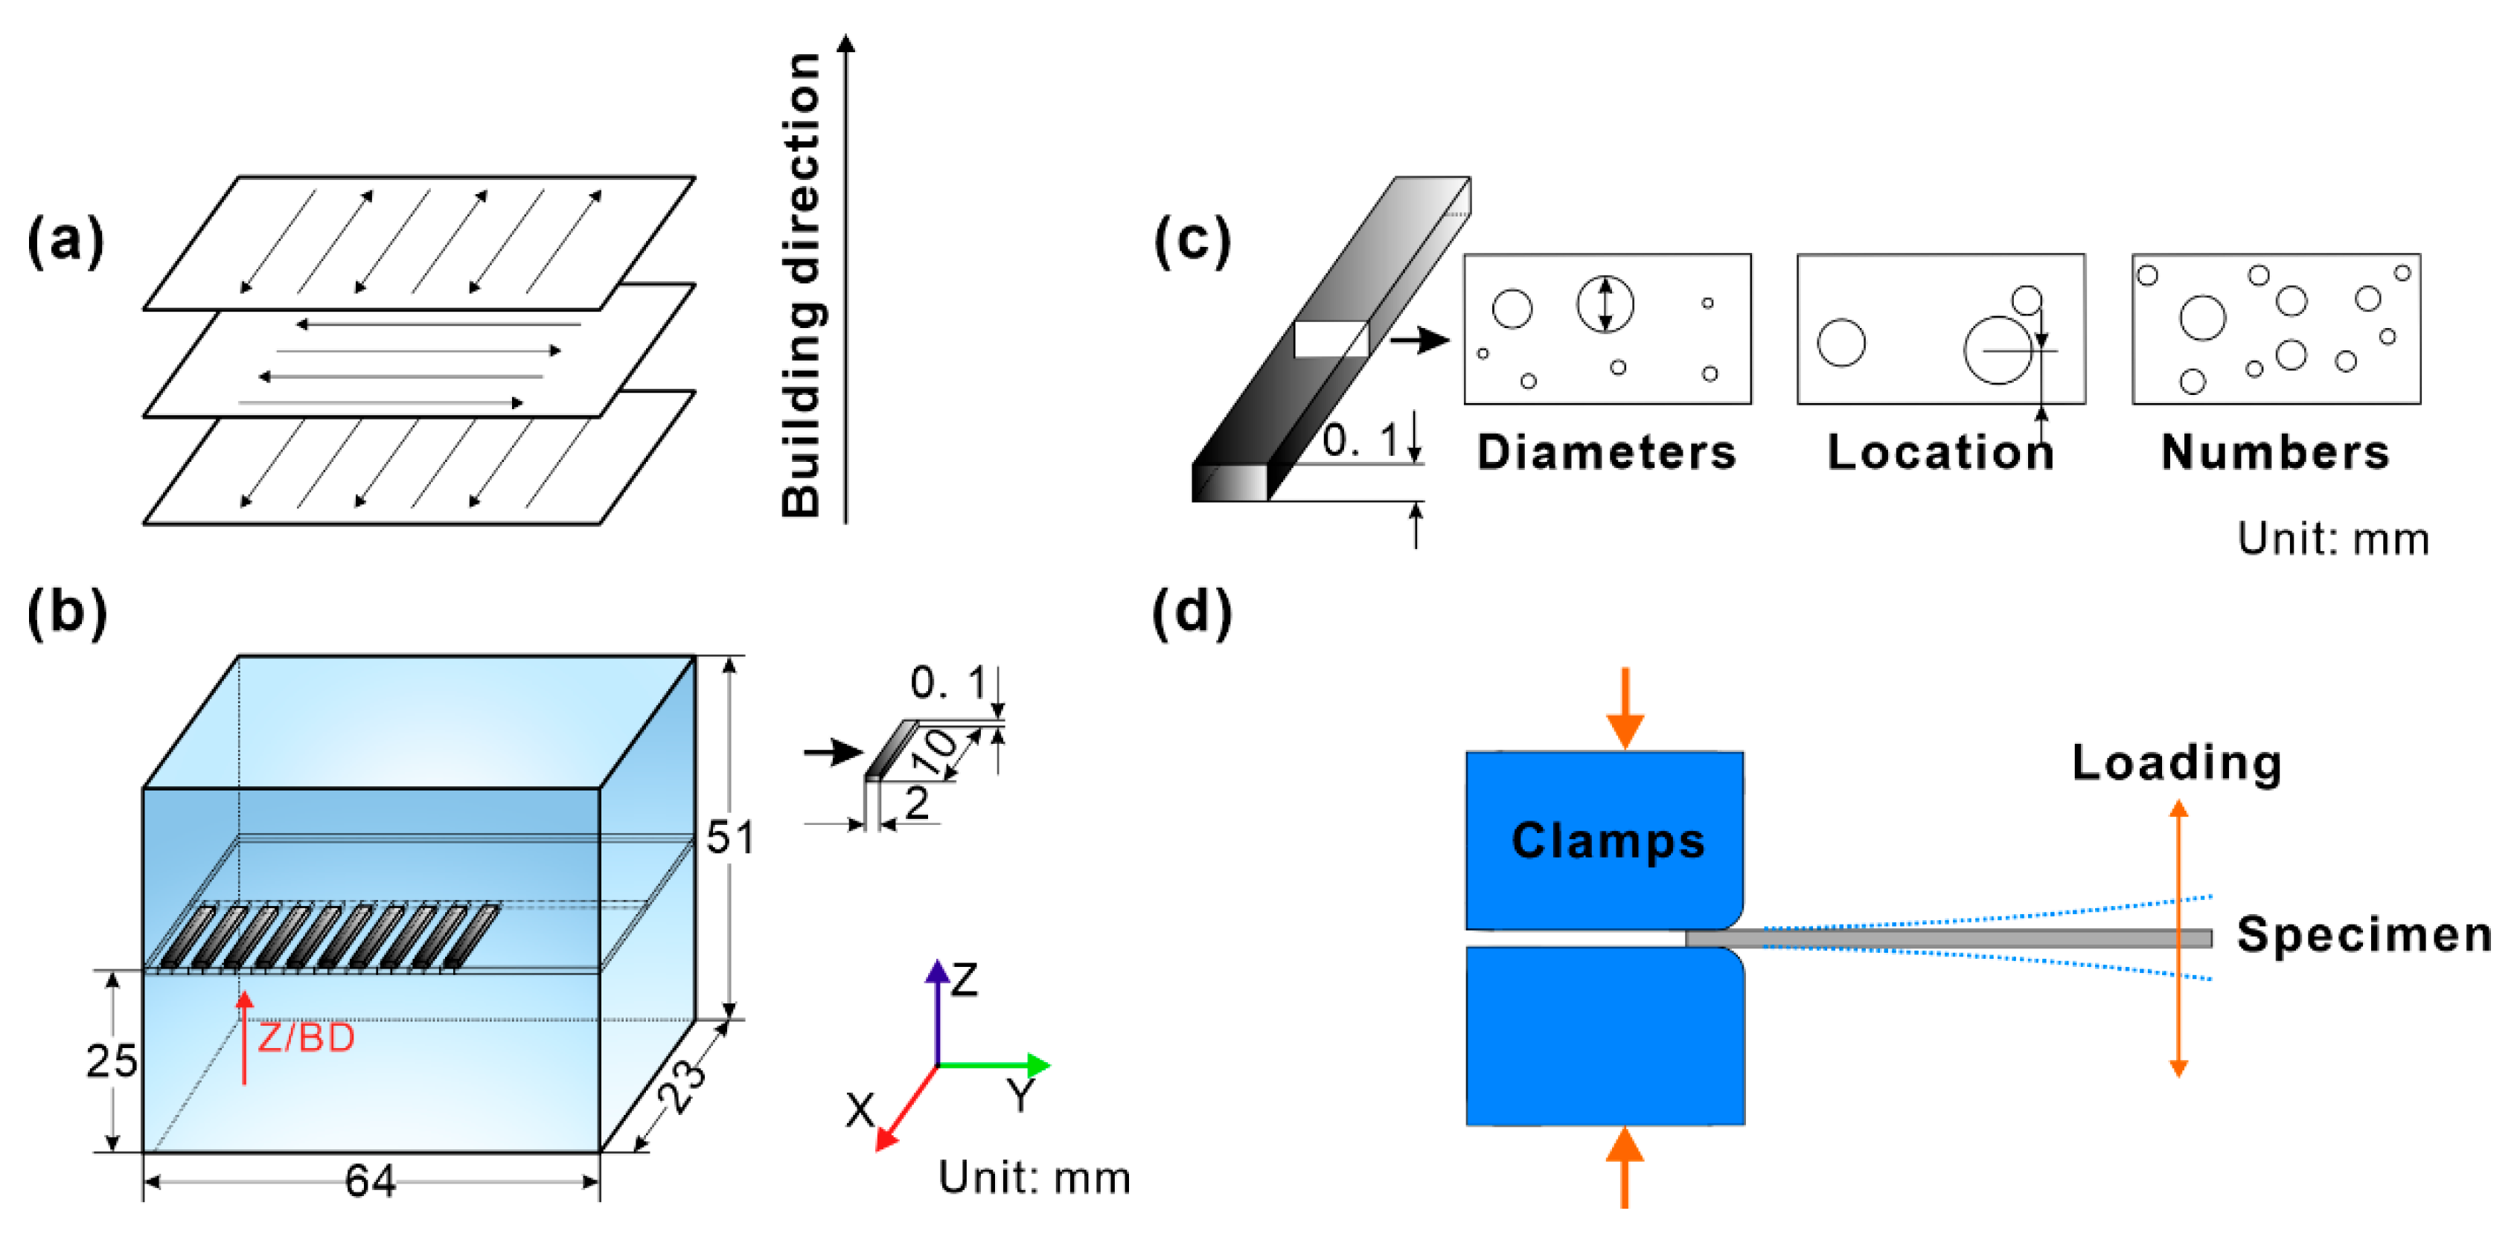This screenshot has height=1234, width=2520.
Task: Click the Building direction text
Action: pyautogui.click(x=802, y=283)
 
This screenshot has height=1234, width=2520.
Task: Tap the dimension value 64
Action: pyautogui.click(x=370, y=1181)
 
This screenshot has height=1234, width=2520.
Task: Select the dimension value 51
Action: pyautogui.click(x=730, y=838)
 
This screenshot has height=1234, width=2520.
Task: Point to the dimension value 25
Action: pyautogui.click(x=112, y=1061)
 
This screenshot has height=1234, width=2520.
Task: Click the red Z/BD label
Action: pyautogui.click(x=305, y=1038)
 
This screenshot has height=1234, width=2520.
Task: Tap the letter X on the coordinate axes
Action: pyautogui.click(x=860, y=1110)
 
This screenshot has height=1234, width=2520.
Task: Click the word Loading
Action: pyautogui.click(x=2177, y=762)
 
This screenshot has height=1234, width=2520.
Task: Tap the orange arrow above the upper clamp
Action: pyautogui.click(x=1625, y=709)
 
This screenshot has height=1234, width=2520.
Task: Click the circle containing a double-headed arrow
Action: pyautogui.click(x=1605, y=304)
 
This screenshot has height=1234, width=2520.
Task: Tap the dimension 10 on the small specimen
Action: pyautogui.click(x=939, y=751)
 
